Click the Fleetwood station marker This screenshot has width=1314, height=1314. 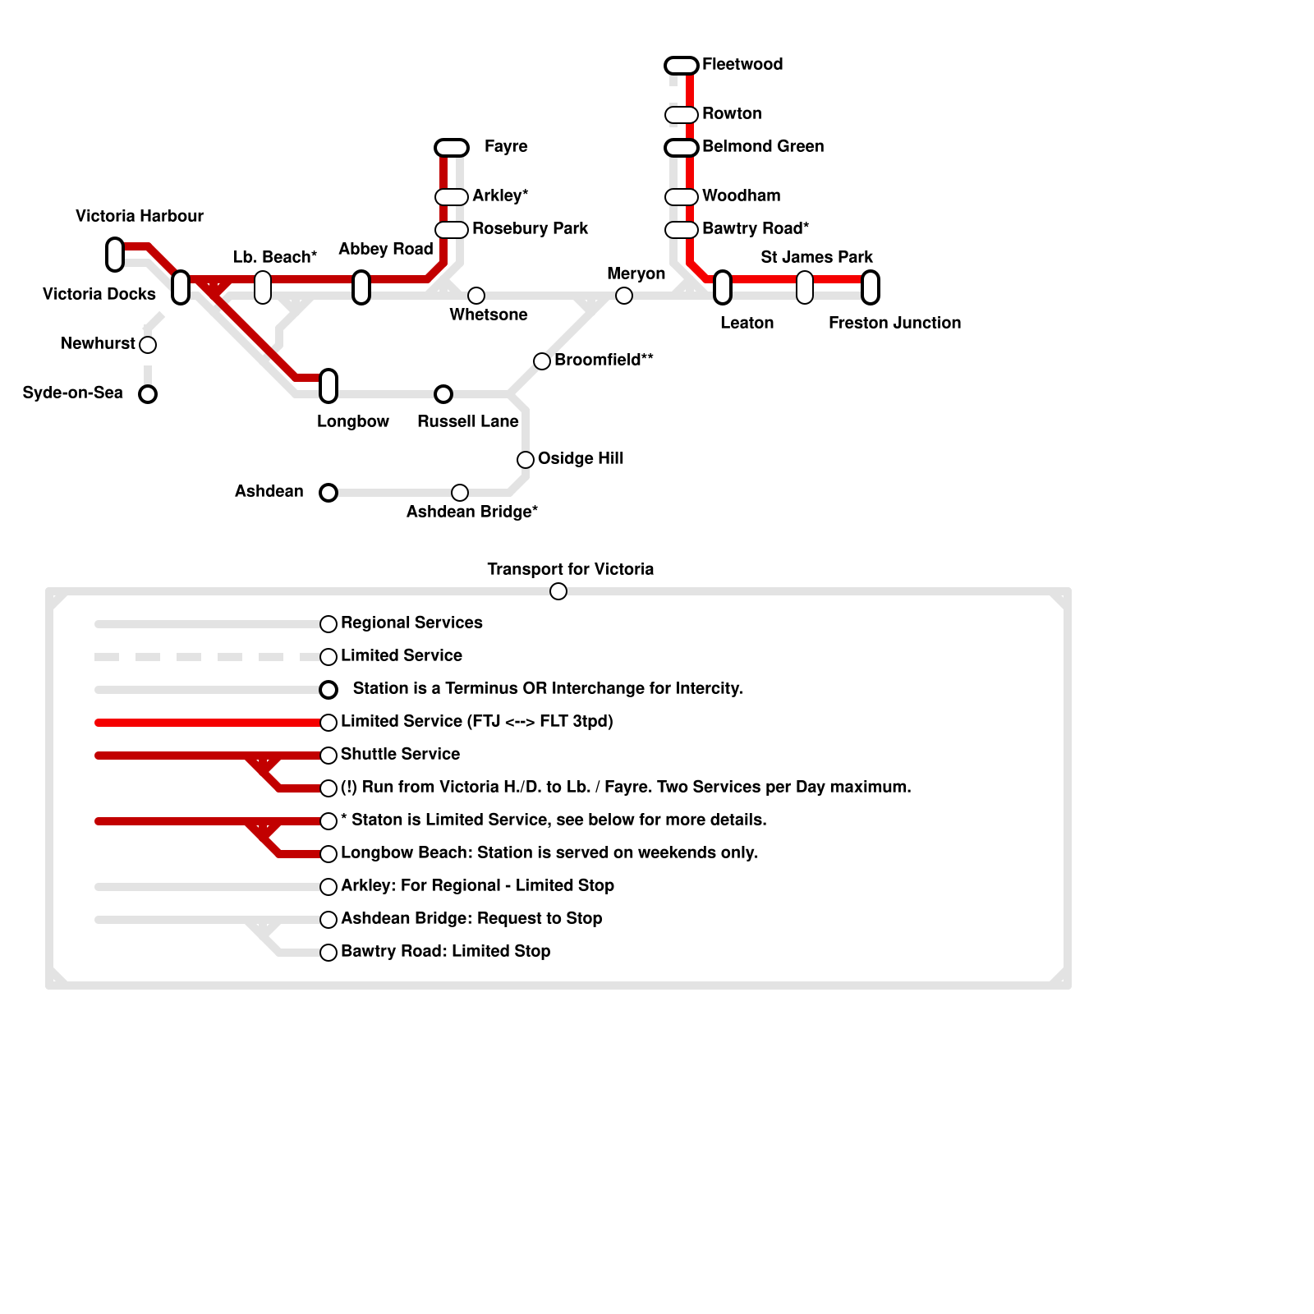pos(682,66)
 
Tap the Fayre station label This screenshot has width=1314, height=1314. pos(505,147)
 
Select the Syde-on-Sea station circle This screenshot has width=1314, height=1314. pos(148,394)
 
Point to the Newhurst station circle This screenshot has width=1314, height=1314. pos(148,345)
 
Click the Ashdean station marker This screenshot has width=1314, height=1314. pos(328,493)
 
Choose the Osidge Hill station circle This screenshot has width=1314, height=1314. pos(526,460)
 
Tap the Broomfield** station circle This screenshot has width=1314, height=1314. pos(542,361)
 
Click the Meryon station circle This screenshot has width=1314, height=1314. pos(624,296)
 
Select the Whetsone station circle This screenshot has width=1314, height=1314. pos(476,296)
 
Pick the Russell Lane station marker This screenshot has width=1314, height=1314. pos(443,394)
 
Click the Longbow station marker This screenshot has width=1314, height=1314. pos(328,386)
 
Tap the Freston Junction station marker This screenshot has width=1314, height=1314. pos(871,287)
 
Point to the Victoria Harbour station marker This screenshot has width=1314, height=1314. pos(115,255)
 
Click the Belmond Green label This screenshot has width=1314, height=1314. pos(762,147)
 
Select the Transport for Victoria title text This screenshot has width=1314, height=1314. pos(570,570)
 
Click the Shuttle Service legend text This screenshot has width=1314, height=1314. pos(400,755)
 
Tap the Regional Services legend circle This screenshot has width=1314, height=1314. pos(328,624)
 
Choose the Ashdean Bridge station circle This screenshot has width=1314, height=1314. pos(460,493)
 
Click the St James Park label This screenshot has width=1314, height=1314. pos(816,258)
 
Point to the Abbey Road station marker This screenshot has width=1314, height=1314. pos(361,287)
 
